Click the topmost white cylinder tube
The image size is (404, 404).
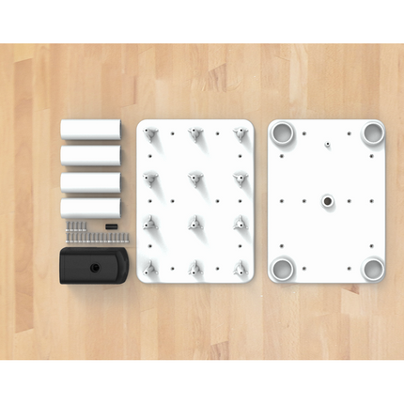click(x=91, y=129)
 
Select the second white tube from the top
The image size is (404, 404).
click(x=91, y=155)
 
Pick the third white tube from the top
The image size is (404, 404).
click(x=91, y=181)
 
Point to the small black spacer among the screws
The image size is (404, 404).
click(x=113, y=225)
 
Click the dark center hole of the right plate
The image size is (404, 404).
click(x=327, y=201)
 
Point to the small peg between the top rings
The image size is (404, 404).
click(x=327, y=146)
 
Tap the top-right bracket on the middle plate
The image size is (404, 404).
click(x=240, y=135)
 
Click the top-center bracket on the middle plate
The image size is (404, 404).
click(x=196, y=135)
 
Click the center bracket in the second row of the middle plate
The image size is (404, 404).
click(x=196, y=178)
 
